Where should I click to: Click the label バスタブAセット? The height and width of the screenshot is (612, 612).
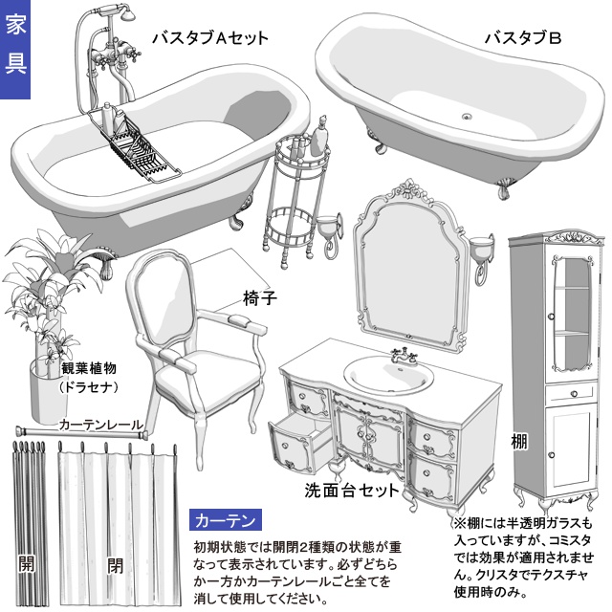pos(209,38)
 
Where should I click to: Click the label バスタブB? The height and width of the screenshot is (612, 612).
pos(521,38)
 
